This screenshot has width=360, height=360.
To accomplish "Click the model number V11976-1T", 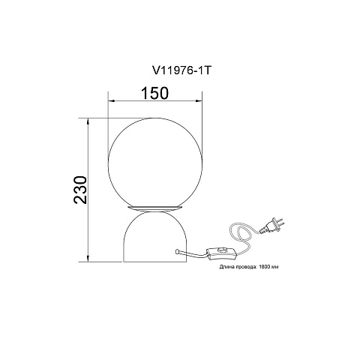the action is (x=181, y=71).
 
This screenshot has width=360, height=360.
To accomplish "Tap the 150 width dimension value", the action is (x=155, y=93).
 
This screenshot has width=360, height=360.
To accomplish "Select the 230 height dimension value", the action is (x=81, y=190).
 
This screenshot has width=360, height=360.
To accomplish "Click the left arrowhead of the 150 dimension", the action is (x=111, y=101).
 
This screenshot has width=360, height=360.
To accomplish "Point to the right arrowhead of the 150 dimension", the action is (x=199, y=101).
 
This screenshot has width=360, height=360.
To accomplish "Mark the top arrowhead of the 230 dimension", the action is (x=88, y=121).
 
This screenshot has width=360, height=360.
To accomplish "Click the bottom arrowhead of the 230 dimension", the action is (x=88, y=259).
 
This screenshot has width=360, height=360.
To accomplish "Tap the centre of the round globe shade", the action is (x=155, y=163).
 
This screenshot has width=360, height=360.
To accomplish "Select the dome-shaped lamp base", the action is (x=155, y=236).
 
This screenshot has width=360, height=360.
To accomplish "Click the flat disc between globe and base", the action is (x=155, y=208).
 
